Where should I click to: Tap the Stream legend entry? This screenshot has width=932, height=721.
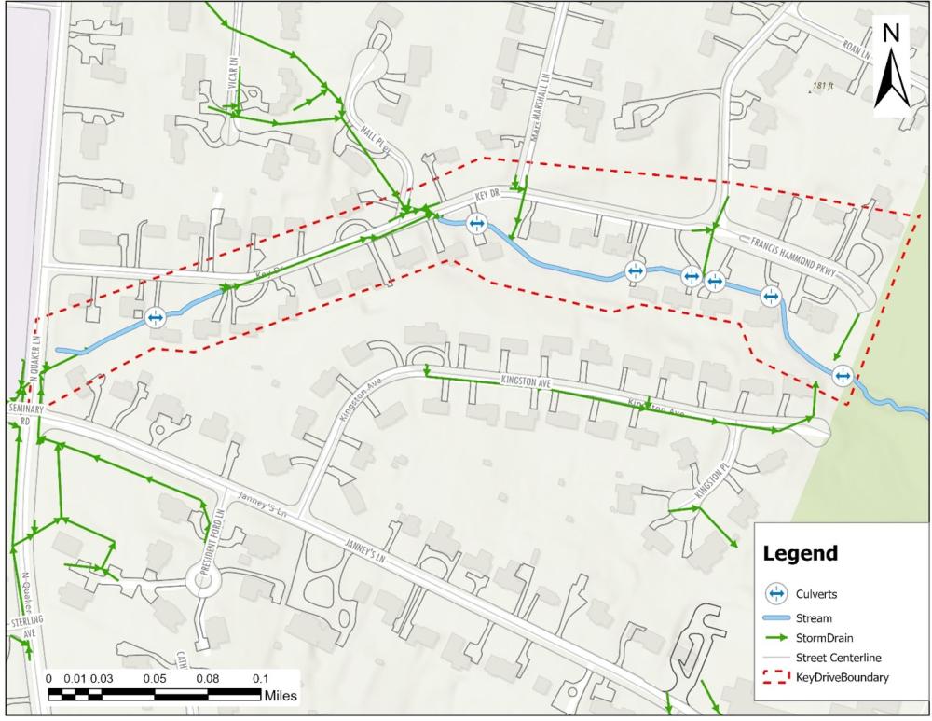(814, 617)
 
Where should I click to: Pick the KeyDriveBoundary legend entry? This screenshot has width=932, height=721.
(839, 677)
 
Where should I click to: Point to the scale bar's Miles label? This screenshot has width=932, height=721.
(281, 696)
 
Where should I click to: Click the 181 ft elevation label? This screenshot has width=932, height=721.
(823, 86)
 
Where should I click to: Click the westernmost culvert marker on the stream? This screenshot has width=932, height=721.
(155, 318)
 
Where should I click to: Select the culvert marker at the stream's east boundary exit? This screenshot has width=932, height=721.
(843, 376)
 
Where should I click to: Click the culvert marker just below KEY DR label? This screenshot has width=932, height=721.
(476, 224)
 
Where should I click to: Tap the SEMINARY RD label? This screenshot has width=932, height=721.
(21, 414)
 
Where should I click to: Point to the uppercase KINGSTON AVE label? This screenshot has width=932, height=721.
(528, 381)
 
